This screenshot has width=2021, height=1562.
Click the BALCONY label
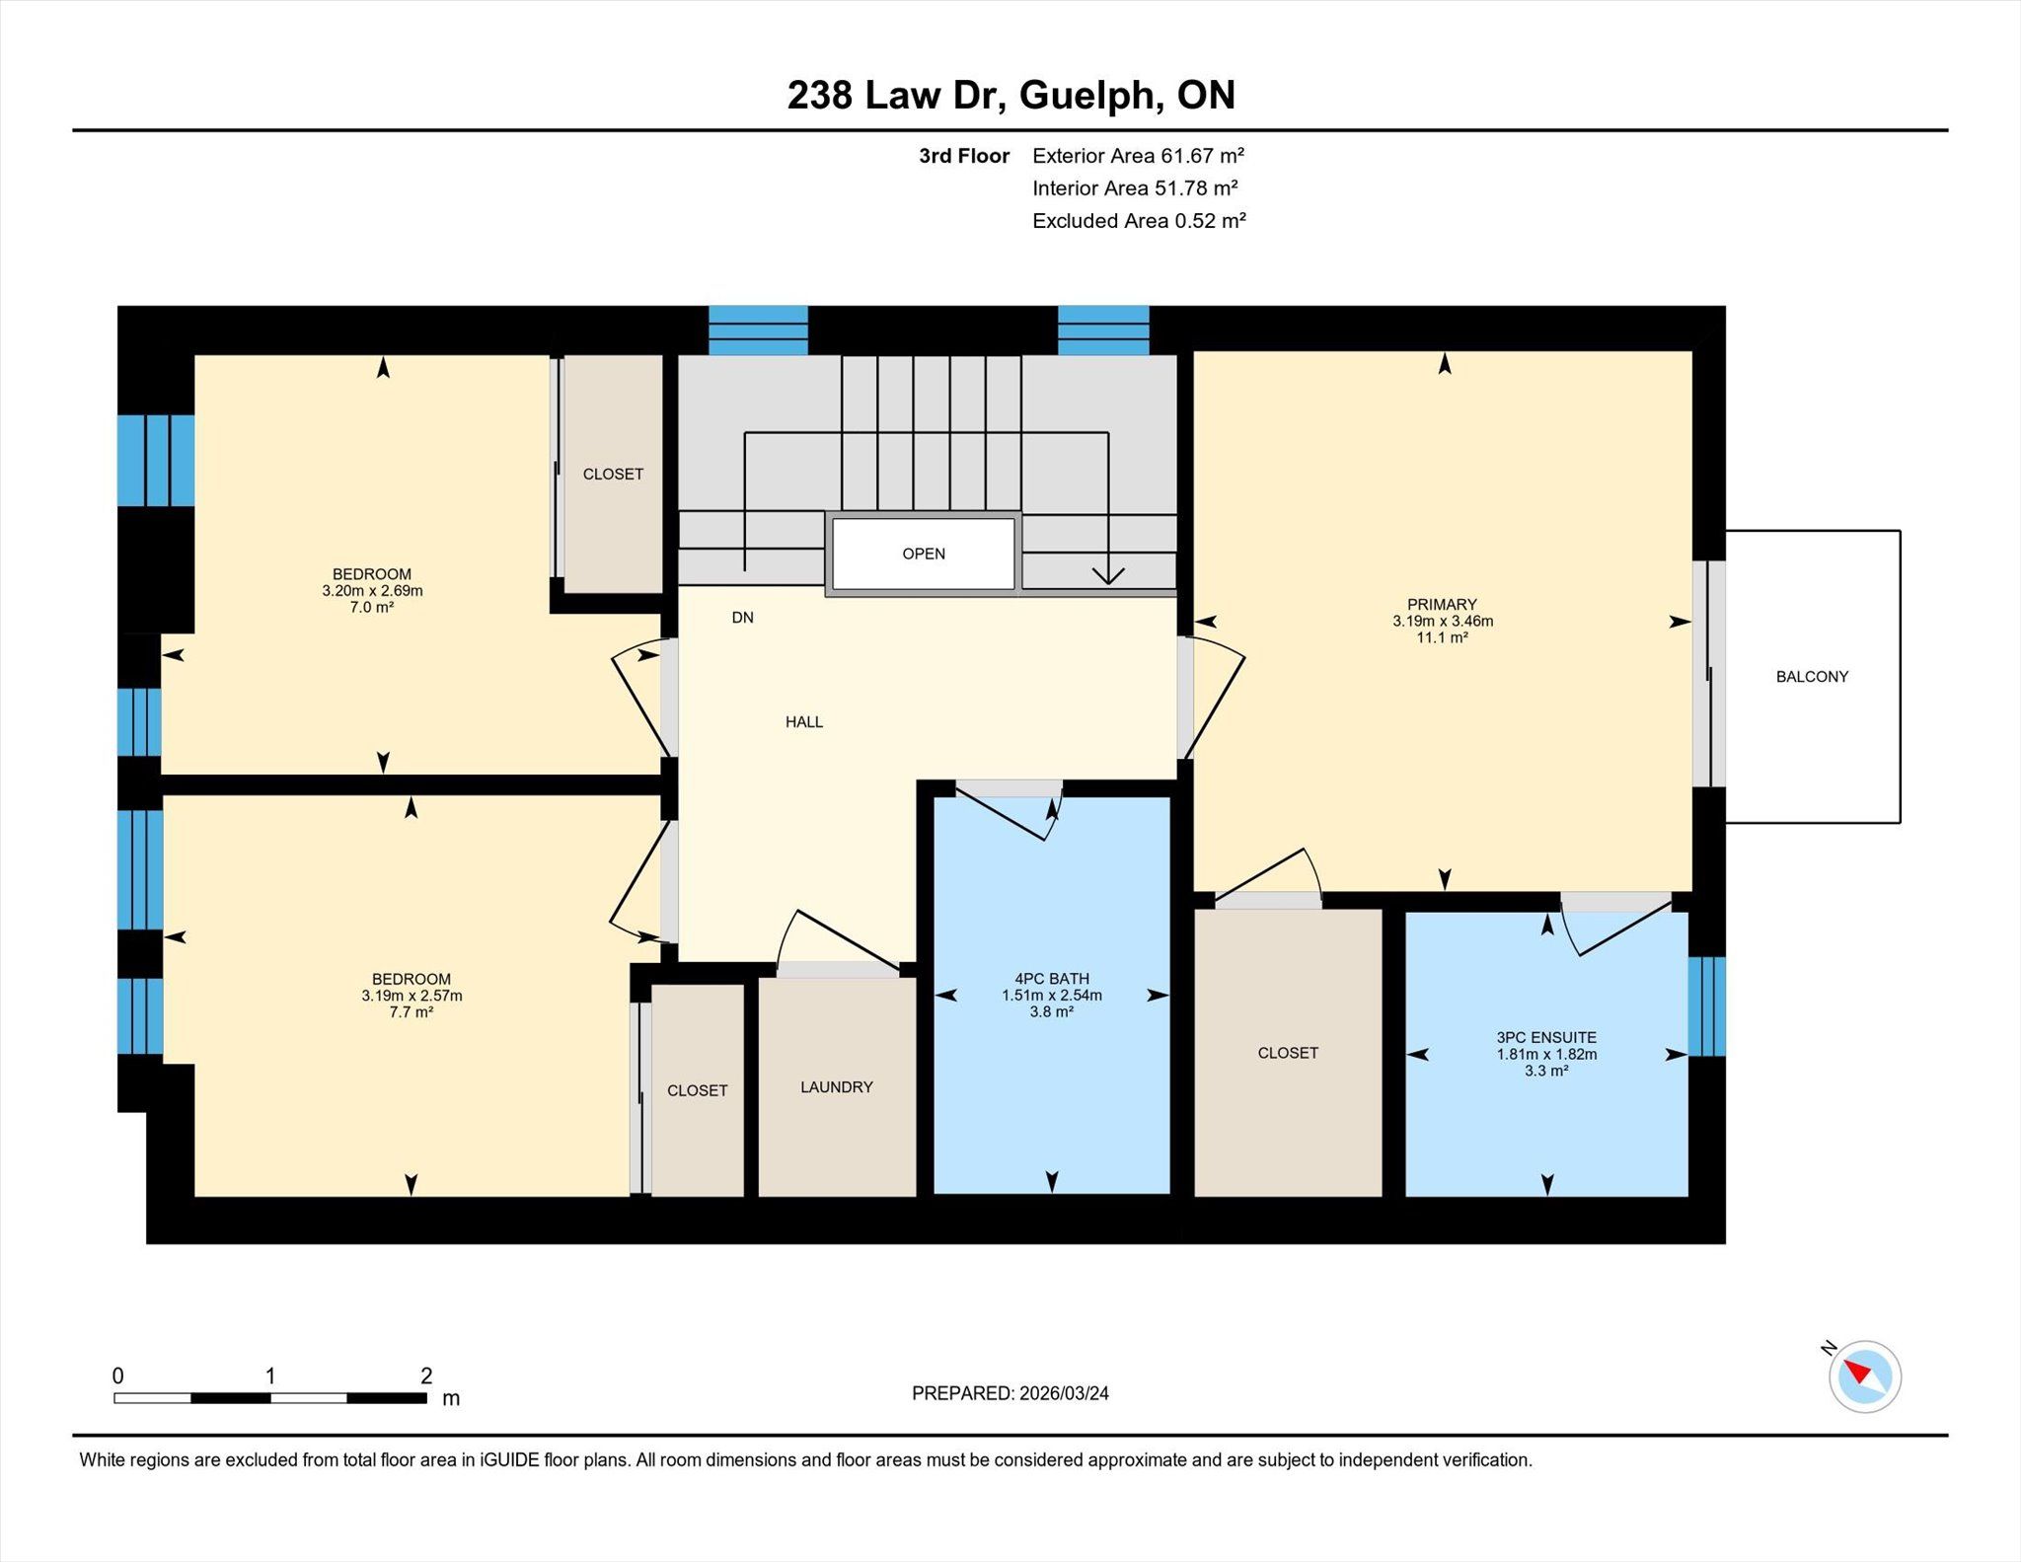[x=1812, y=677]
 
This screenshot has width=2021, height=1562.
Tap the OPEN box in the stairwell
[x=924, y=555]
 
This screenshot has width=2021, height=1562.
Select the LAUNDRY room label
[x=837, y=1087]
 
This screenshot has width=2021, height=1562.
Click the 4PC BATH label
[x=1052, y=979]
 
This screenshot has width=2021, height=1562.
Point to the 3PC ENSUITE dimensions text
[x=1546, y=1054]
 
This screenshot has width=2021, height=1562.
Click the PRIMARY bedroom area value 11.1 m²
[x=1443, y=637]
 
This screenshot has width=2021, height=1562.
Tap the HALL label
[x=804, y=722]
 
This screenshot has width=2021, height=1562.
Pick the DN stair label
[x=743, y=618]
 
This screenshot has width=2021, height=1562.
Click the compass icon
[x=1864, y=1376]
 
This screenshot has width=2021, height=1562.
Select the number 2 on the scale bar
[x=426, y=1376]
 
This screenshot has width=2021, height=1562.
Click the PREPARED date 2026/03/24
[x=1064, y=1393]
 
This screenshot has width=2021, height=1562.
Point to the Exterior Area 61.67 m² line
[x=1138, y=156]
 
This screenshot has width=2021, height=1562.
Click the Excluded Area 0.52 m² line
[x=1139, y=221]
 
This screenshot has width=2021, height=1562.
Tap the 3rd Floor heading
[x=964, y=156]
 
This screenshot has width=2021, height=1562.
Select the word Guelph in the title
[x=1086, y=96]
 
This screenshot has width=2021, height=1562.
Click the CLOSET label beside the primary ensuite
[x=1288, y=1053]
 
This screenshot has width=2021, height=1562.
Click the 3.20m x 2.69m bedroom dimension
[x=372, y=591]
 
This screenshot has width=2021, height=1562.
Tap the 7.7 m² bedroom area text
[x=411, y=1011]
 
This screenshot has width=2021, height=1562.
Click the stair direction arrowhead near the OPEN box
[x=1108, y=574]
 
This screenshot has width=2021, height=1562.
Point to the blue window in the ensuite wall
[x=1707, y=1006]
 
